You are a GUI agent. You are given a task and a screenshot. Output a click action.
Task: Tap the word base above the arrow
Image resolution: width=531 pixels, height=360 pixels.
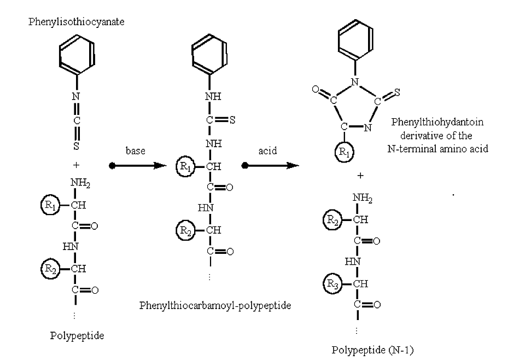click(135, 151)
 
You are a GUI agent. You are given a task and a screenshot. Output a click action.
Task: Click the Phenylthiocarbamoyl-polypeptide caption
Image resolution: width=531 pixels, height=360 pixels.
click(215, 305)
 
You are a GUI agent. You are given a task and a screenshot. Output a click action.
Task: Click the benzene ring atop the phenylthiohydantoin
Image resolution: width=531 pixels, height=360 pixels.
click(356, 40)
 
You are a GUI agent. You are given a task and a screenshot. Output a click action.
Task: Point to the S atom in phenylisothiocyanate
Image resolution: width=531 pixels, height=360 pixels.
click(76, 146)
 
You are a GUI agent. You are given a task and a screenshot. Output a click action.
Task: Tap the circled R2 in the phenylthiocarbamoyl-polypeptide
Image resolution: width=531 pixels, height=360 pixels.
click(186, 231)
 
